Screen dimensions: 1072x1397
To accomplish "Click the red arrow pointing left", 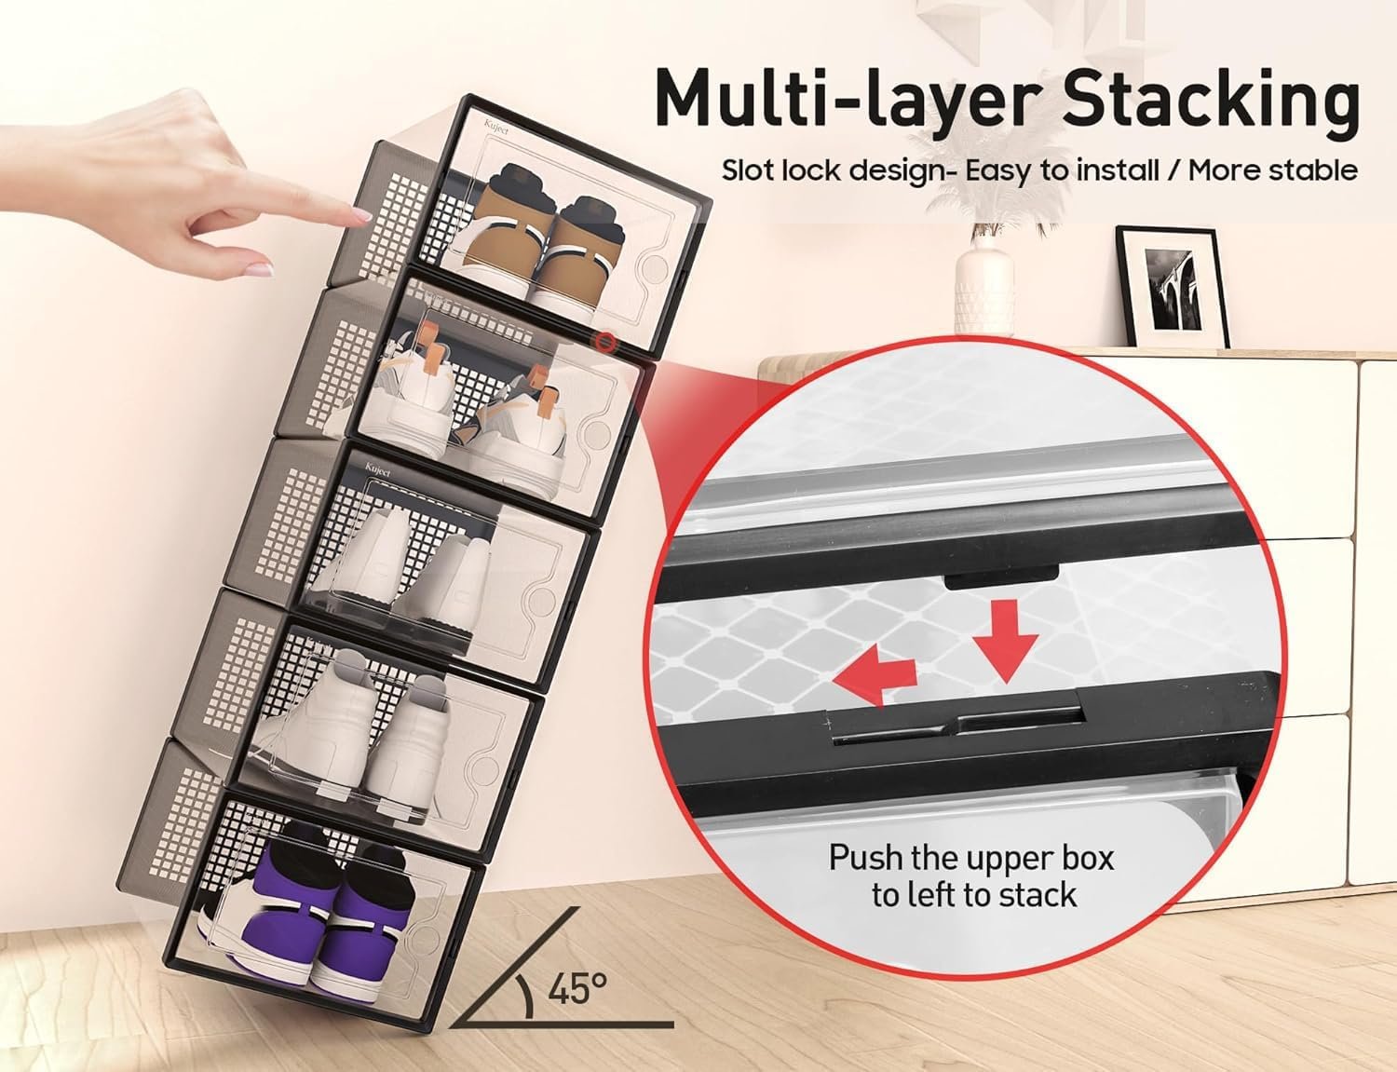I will coord(873,673).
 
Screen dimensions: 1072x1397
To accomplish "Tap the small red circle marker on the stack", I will coord(605,342).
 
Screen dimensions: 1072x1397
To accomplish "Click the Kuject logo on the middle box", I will coord(378,468).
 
